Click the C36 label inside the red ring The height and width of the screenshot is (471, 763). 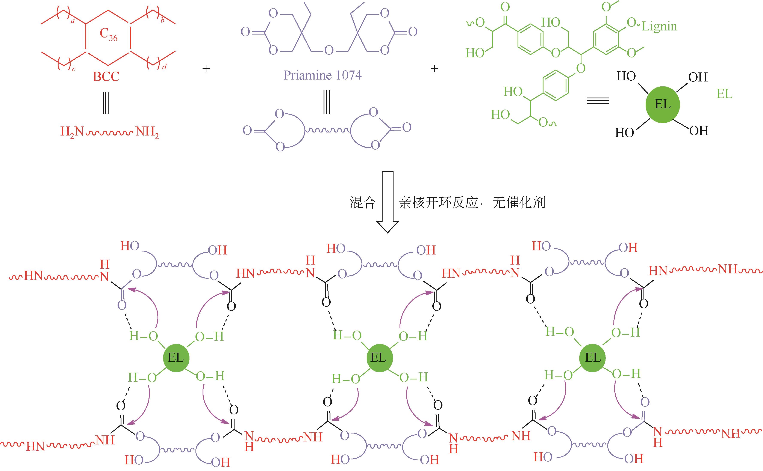coord(109,34)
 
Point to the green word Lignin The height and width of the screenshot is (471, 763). coord(659,26)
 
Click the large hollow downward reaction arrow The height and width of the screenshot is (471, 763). coord(388,202)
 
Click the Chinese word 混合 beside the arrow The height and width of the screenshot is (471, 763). coord(362,203)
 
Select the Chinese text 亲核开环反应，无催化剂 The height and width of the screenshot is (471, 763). coord(472,203)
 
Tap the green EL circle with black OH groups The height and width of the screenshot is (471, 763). coord(663,104)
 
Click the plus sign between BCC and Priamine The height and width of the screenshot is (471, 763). coord(206,69)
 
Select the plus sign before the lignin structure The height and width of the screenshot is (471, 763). coord(434,69)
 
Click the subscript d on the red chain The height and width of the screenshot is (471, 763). coord(164,66)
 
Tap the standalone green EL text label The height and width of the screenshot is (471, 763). coord(724,94)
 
